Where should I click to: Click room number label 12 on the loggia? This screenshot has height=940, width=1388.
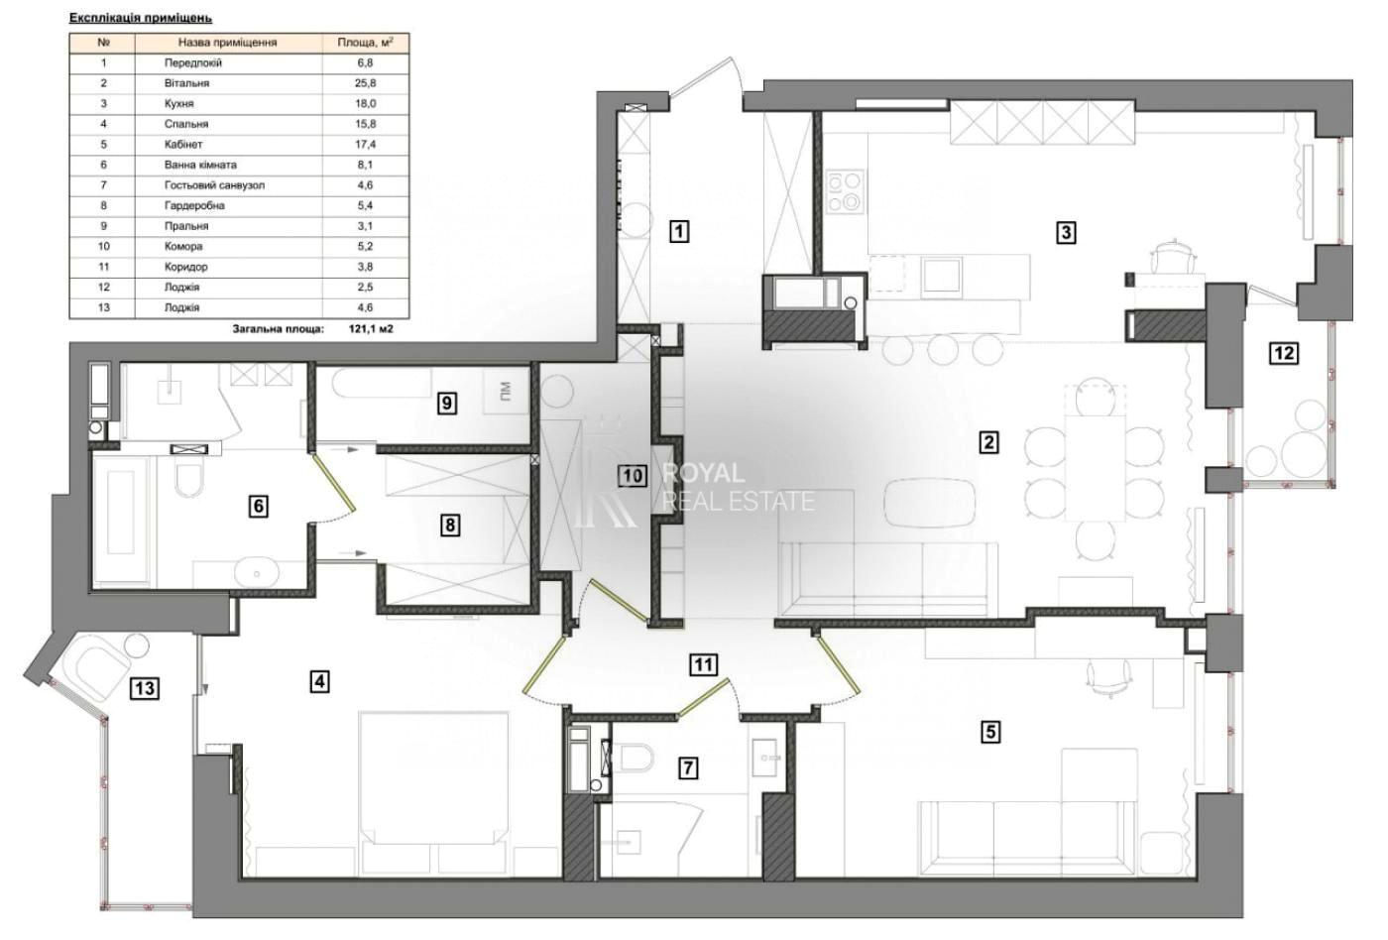click(x=1284, y=353)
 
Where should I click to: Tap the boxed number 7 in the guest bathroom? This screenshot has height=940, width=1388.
click(x=688, y=768)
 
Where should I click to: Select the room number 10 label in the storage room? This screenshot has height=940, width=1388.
click(x=633, y=476)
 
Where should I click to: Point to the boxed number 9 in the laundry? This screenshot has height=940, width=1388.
click(x=447, y=404)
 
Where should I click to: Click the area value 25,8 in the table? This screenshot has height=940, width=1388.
click(x=366, y=83)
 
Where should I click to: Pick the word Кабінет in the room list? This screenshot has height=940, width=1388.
click(x=183, y=145)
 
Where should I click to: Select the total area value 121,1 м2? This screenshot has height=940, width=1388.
click(x=371, y=329)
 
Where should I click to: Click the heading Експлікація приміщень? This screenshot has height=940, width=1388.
click(x=141, y=18)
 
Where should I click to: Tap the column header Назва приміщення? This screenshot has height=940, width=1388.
click(x=227, y=43)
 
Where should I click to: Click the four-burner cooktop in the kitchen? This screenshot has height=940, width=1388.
click(x=845, y=192)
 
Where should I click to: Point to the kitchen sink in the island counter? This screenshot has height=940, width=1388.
click(x=941, y=275)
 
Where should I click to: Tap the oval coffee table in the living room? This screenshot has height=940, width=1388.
click(x=931, y=502)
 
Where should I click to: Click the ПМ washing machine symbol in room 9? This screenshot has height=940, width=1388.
click(x=507, y=391)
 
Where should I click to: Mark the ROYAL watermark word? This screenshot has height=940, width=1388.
click(x=703, y=473)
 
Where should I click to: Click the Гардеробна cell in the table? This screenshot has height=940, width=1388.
click(x=194, y=205)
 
